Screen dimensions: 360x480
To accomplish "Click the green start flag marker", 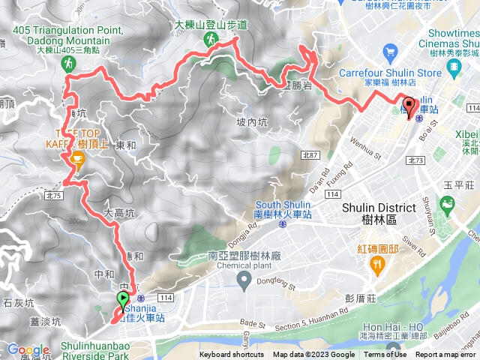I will click(122, 301).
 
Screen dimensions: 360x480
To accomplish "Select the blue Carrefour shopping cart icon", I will click(388, 52).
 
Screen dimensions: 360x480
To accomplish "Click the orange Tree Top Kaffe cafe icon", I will click(76, 157).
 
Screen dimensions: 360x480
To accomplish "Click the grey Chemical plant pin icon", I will click(244, 281).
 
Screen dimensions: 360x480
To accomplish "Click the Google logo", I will click(28, 349).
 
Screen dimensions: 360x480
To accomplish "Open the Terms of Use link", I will click(385, 355).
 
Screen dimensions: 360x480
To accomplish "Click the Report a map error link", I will click(448, 355).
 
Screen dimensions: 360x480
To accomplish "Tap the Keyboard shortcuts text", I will click(231, 355).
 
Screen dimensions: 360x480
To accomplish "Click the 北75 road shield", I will click(52, 195).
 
